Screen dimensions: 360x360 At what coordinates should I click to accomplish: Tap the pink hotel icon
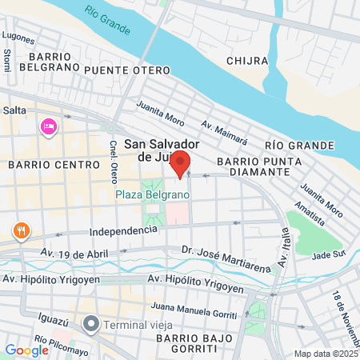pyautogui.click(x=47, y=127)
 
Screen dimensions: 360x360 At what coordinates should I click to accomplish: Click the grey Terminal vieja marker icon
pyautogui.click(x=91, y=325)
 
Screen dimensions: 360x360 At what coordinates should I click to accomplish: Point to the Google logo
pyautogui.click(x=26, y=350)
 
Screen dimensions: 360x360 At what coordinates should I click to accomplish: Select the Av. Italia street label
pyautogui.click(x=284, y=248)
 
